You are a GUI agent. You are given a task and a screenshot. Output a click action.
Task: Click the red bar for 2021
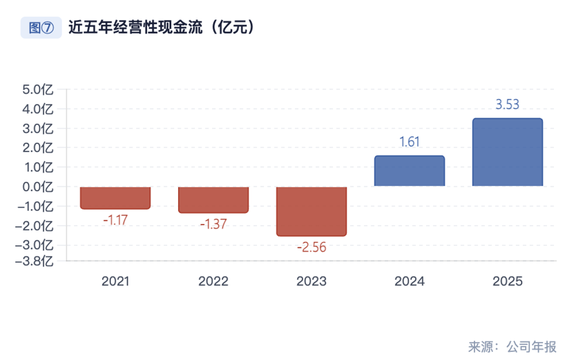coord(115,198)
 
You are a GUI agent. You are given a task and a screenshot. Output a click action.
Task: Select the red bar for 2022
coord(213,199)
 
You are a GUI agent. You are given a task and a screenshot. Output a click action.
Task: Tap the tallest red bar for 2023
coord(311,211)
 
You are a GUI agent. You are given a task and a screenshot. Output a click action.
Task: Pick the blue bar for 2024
coord(409,171)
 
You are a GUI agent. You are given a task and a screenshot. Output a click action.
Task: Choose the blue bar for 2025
coord(507,152)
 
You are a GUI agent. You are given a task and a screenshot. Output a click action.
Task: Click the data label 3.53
coord(507,104)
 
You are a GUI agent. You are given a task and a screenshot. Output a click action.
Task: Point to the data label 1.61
coord(409,142)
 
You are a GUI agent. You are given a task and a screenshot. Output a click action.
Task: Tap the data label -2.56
coord(311,248)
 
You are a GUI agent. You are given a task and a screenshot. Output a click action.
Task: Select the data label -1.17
coord(115,221)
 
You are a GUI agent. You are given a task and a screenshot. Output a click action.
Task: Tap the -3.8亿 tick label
coord(35,261)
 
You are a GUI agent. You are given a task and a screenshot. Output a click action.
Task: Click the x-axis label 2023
coord(311,282)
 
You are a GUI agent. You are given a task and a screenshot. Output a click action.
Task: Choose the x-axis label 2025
coord(507,282)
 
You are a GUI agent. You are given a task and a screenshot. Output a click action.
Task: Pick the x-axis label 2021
coord(115,282)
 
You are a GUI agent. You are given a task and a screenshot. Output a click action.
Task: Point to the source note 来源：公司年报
coord(512,346)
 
